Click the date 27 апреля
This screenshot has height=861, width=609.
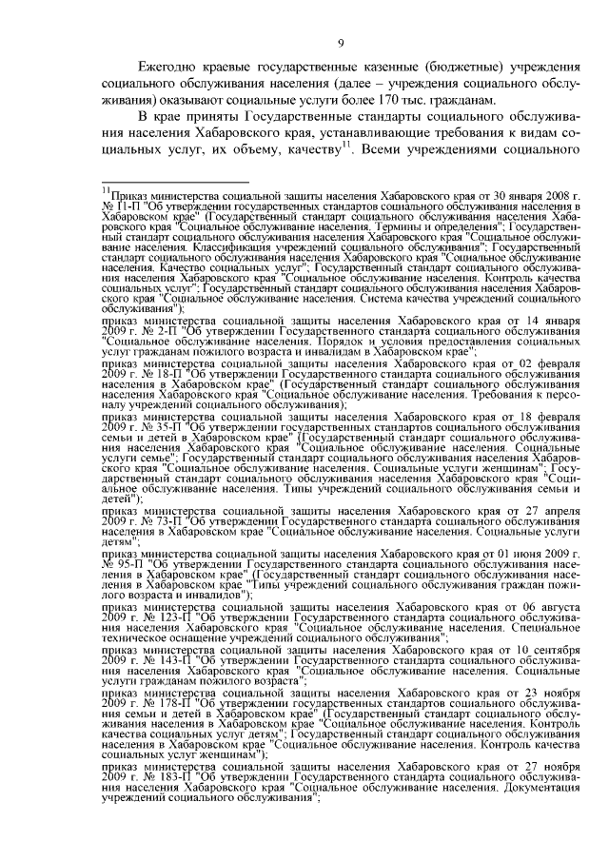tap(550, 511)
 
